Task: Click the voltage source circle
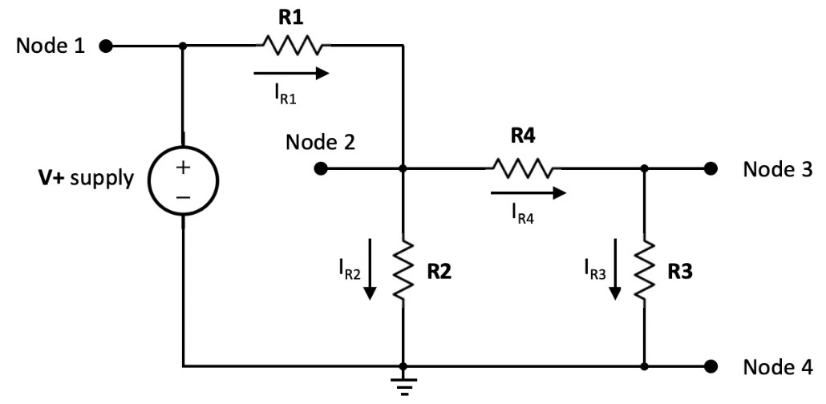pyautogui.click(x=184, y=181)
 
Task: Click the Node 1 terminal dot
pyautogui.click(x=104, y=46)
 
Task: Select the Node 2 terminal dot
pyautogui.click(x=321, y=169)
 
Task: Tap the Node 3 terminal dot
pyautogui.click(x=710, y=169)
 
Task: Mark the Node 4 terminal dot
pyautogui.click(x=710, y=366)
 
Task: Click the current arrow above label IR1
pyautogui.click(x=290, y=74)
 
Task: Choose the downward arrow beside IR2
pyautogui.click(x=369, y=269)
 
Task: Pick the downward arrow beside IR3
pyautogui.click(x=614, y=269)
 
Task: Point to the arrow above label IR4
pyautogui.click(x=528, y=192)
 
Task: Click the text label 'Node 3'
pyautogui.click(x=777, y=169)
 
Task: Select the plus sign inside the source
pyautogui.click(x=184, y=168)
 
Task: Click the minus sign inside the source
pyautogui.click(x=184, y=196)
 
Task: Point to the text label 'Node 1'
pyautogui.click(x=50, y=46)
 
